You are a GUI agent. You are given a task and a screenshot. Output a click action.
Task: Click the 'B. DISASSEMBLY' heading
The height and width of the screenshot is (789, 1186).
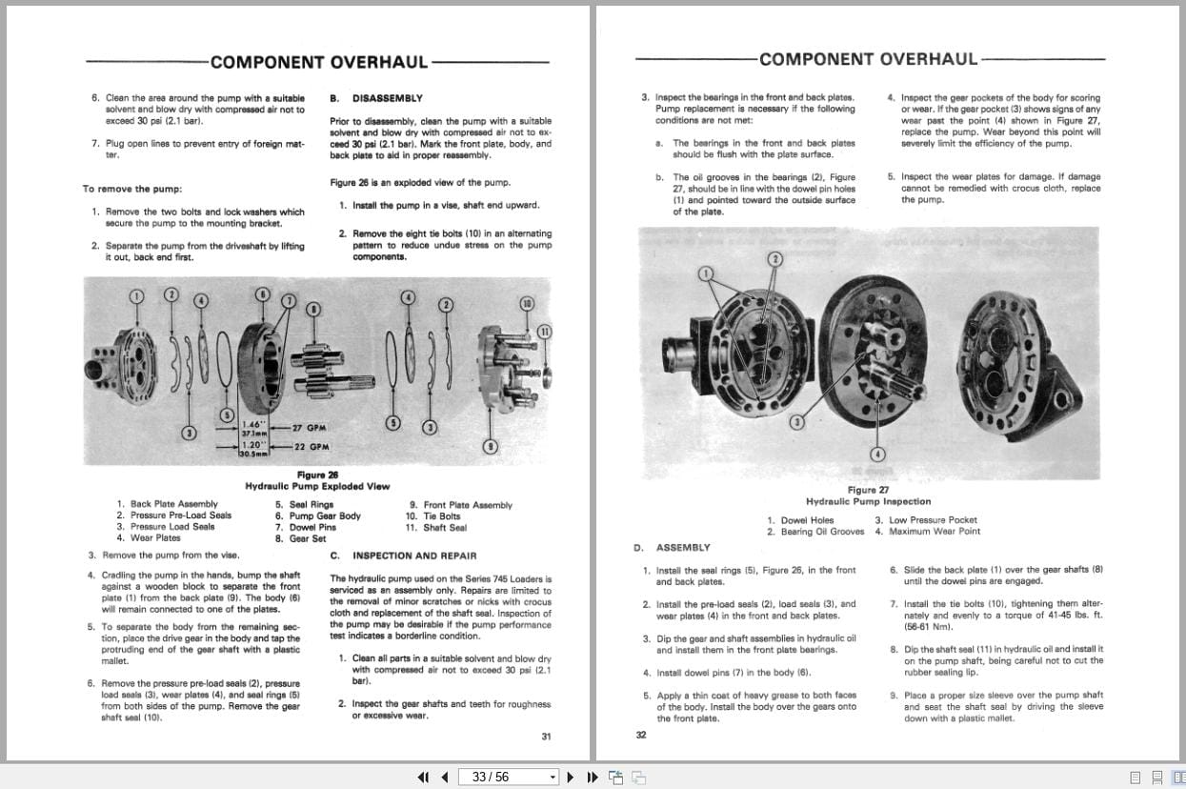(375, 98)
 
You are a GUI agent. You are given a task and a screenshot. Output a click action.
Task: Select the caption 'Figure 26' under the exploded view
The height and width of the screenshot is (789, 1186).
(317, 475)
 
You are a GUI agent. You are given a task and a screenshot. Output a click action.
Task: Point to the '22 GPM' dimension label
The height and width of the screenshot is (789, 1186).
(312, 447)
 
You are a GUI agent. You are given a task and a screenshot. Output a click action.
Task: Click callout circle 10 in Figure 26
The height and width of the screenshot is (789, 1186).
(527, 303)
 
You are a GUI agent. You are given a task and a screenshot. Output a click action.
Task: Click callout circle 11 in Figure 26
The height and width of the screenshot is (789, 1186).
(544, 332)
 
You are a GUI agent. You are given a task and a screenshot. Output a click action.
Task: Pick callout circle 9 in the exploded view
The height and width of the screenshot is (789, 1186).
(490, 445)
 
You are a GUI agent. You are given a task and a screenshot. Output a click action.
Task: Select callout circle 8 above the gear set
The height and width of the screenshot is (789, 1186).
(312, 308)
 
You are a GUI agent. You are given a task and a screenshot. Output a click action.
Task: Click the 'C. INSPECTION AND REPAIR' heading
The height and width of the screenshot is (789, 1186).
(403, 556)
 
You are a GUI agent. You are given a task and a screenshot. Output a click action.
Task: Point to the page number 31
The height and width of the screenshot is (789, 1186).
(546, 736)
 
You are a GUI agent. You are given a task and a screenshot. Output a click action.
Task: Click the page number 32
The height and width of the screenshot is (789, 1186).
(640, 735)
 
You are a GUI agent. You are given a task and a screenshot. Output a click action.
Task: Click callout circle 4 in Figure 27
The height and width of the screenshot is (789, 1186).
(877, 454)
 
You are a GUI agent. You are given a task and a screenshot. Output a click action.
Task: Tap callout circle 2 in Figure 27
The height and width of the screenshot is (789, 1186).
(775, 258)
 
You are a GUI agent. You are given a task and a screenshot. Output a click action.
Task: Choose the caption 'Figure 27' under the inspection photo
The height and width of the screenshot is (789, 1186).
(868, 490)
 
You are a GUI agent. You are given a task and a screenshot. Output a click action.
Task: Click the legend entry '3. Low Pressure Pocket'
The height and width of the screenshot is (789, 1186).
(926, 520)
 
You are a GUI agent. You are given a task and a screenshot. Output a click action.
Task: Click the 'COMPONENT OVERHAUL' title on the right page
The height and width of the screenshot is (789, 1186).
(868, 59)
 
